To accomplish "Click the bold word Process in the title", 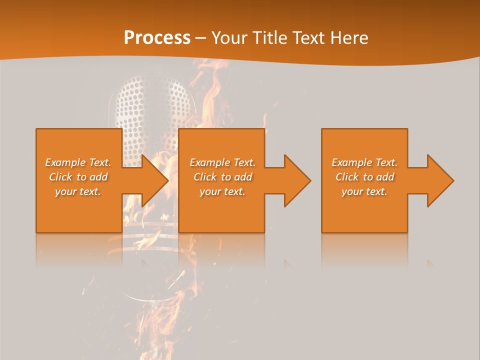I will click(157, 38).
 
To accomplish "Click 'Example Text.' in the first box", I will click(78, 162).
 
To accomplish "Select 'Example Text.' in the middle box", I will click(222, 162).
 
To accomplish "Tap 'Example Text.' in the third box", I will click(364, 162).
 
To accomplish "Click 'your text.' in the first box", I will click(78, 191).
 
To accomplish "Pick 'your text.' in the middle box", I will click(222, 191).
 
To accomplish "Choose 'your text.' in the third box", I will click(364, 191).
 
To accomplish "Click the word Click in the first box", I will click(61, 177).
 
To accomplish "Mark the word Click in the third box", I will click(347, 177).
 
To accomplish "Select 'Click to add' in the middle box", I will click(222, 177).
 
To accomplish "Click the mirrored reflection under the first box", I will click(79, 247).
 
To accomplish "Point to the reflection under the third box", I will click(364, 247).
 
